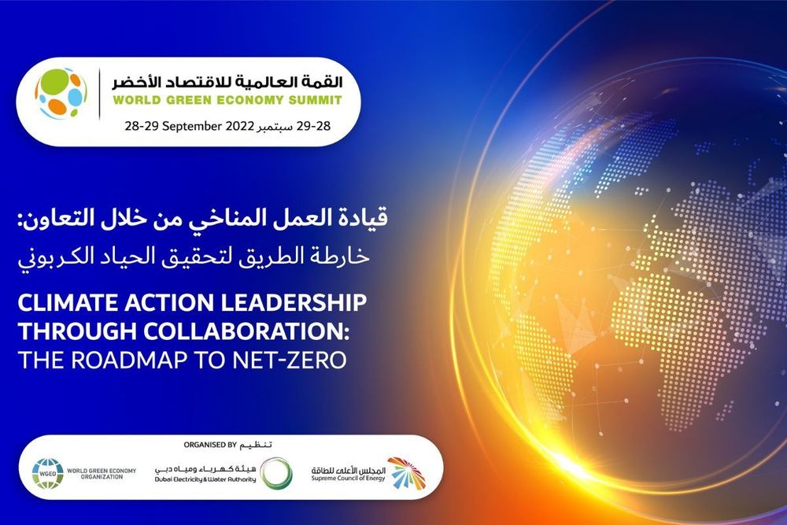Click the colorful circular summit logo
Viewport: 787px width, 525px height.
pyautogui.click(x=61, y=93)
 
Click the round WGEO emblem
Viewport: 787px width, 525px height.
pyautogui.click(x=47, y=474)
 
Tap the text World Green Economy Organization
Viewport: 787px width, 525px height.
pyautogui.click(x=102, y=474)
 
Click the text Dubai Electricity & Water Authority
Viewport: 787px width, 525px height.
pyautogui.click(x=205, y=479)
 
